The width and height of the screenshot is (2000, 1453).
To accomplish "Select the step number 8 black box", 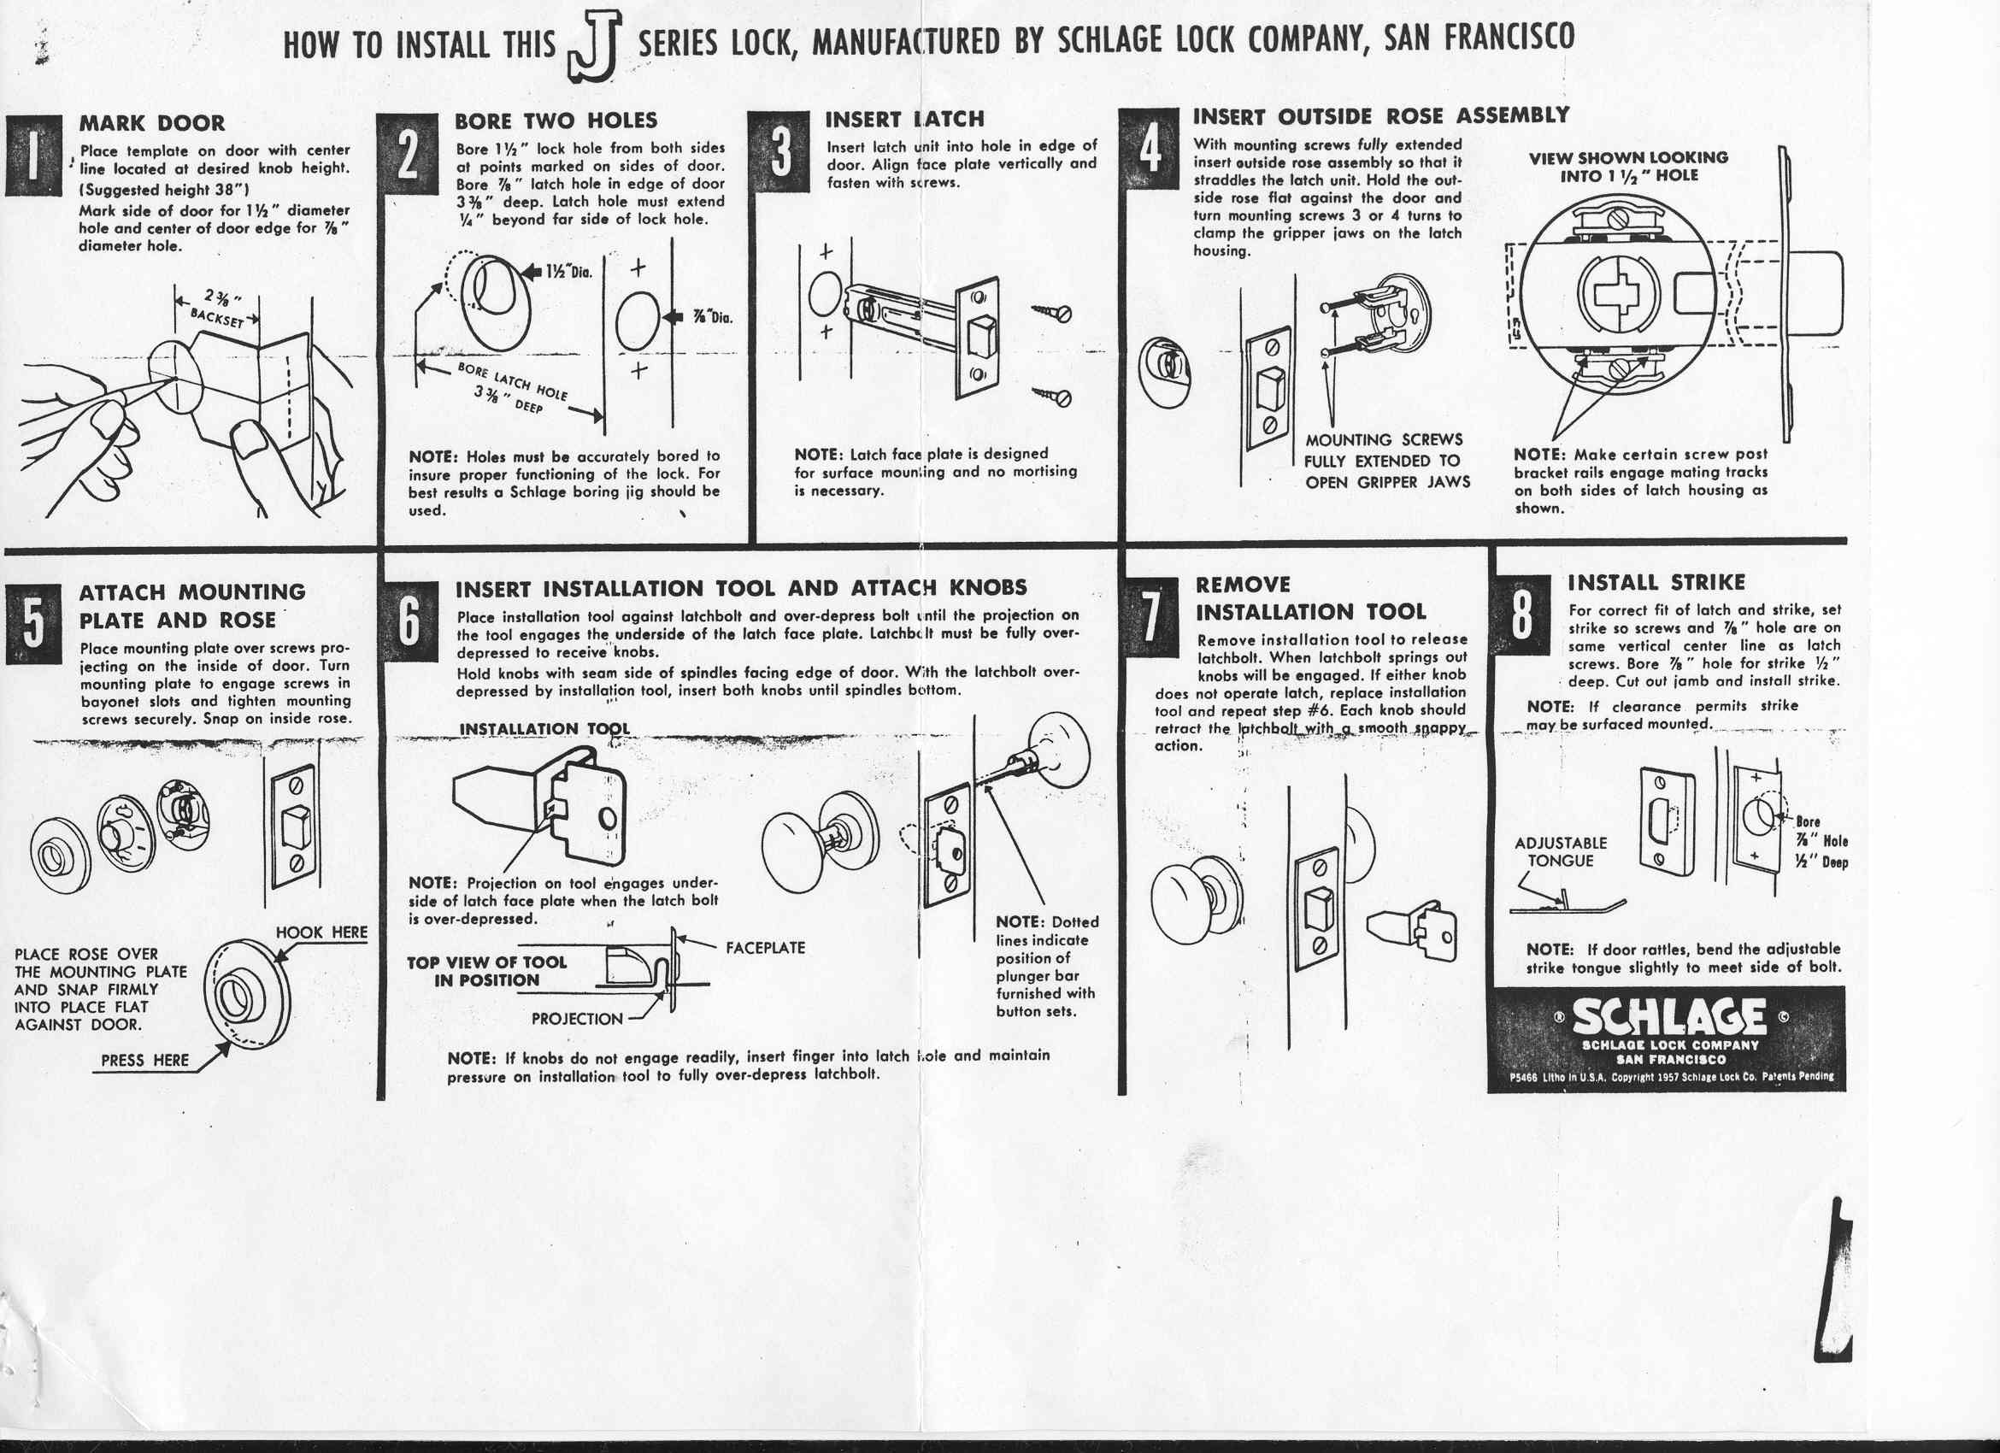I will coord(1521,616).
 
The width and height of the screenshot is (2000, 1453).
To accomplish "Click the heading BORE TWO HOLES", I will coord(556,121).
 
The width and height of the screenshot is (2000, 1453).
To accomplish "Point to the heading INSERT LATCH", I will coord(905,119).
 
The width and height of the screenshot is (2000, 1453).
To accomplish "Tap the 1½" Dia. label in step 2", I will coord(568,273).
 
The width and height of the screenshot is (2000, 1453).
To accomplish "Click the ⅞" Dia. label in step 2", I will coord(713,318).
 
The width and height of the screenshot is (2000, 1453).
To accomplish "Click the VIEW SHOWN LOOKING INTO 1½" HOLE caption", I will coord(1627,167).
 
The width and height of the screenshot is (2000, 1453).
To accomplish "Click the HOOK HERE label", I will coord(321,932).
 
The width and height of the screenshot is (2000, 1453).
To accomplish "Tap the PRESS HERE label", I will coord(144,1060).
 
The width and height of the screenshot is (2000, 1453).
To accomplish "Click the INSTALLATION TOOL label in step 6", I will coord(544,729).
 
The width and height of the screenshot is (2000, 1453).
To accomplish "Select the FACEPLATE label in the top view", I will coord(765,948).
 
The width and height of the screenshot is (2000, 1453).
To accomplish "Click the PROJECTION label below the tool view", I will coord(577,1018).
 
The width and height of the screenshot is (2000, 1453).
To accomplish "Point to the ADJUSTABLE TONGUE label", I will coord(1560,851).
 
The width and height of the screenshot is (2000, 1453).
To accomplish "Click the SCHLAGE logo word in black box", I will coord(1668,1019).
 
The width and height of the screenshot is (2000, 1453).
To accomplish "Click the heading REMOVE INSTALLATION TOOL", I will coord(1309,598).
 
